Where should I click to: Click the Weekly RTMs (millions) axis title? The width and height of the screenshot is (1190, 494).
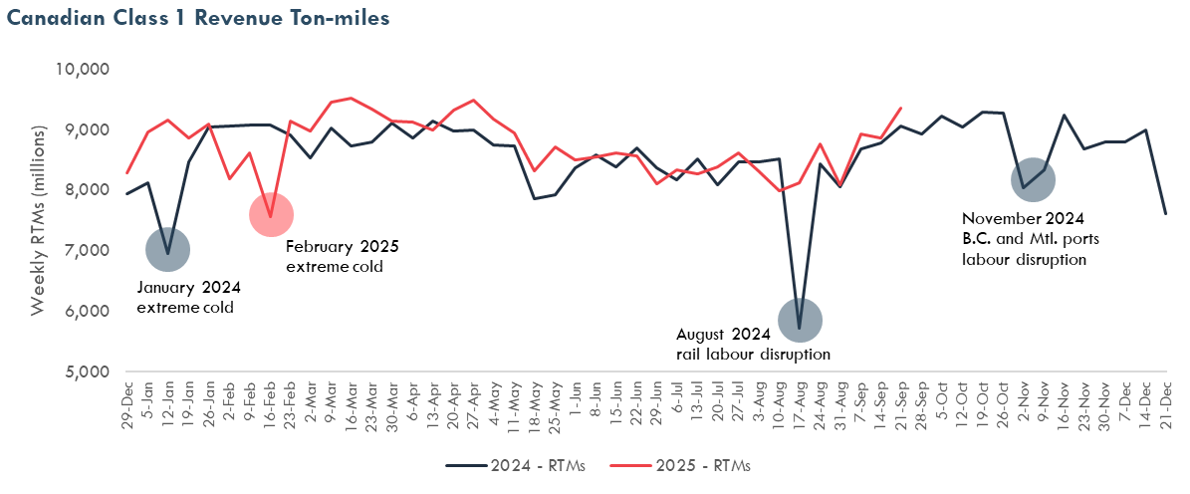click(38, 220)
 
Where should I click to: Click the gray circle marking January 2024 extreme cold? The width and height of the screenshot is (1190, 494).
click(167, 249)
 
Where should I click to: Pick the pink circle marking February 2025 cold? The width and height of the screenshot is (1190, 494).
click(271, 214)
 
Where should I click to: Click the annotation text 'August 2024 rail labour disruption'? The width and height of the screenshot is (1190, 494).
click(752, 344)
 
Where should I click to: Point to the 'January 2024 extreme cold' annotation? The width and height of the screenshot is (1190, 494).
click(189, 297)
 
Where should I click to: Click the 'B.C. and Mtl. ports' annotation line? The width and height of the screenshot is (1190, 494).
click(1031, 239)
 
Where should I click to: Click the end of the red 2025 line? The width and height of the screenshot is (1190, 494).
click(900, 108)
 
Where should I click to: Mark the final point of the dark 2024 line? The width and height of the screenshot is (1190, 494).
click(1165, 213)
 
